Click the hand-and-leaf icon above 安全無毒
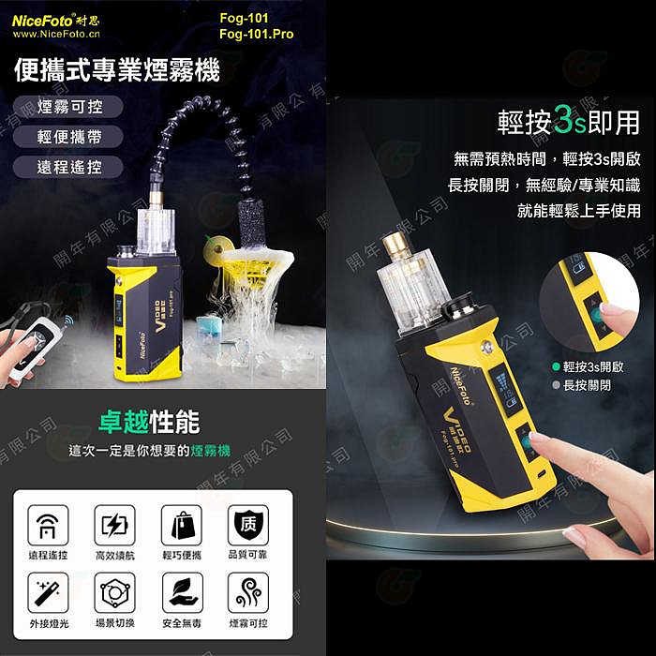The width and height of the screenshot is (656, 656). pyautogui.click(x=182, y=592)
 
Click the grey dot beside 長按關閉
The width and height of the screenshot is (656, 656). pyautogui.click(x=556, y=384)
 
